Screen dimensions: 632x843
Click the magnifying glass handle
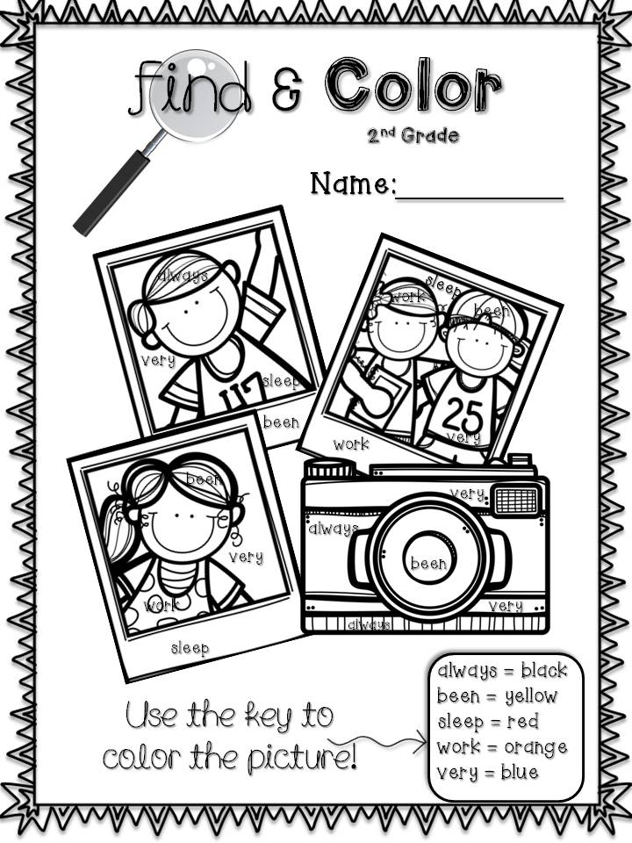click(111, 192)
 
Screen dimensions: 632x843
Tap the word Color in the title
click(413, 85)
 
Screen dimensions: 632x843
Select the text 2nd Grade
click(413, 135)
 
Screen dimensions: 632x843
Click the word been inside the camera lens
click(428, 563)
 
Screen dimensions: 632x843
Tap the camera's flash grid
click(516, 500)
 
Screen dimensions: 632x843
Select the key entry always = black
click(502, 671)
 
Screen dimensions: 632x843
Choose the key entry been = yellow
click(497, 696)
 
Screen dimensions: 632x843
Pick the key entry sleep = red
click(487, 722)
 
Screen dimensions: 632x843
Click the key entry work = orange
click(501, 747)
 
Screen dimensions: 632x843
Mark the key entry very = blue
click(487, 773)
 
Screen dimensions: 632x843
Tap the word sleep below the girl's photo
click(190, 648)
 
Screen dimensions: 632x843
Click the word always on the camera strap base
click(370, 624)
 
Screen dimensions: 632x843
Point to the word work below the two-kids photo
click(351, 444)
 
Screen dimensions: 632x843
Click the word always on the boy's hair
click(184, 276)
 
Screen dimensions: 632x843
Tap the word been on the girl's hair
click(204, 479)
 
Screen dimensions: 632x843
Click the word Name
click(353, 184)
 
